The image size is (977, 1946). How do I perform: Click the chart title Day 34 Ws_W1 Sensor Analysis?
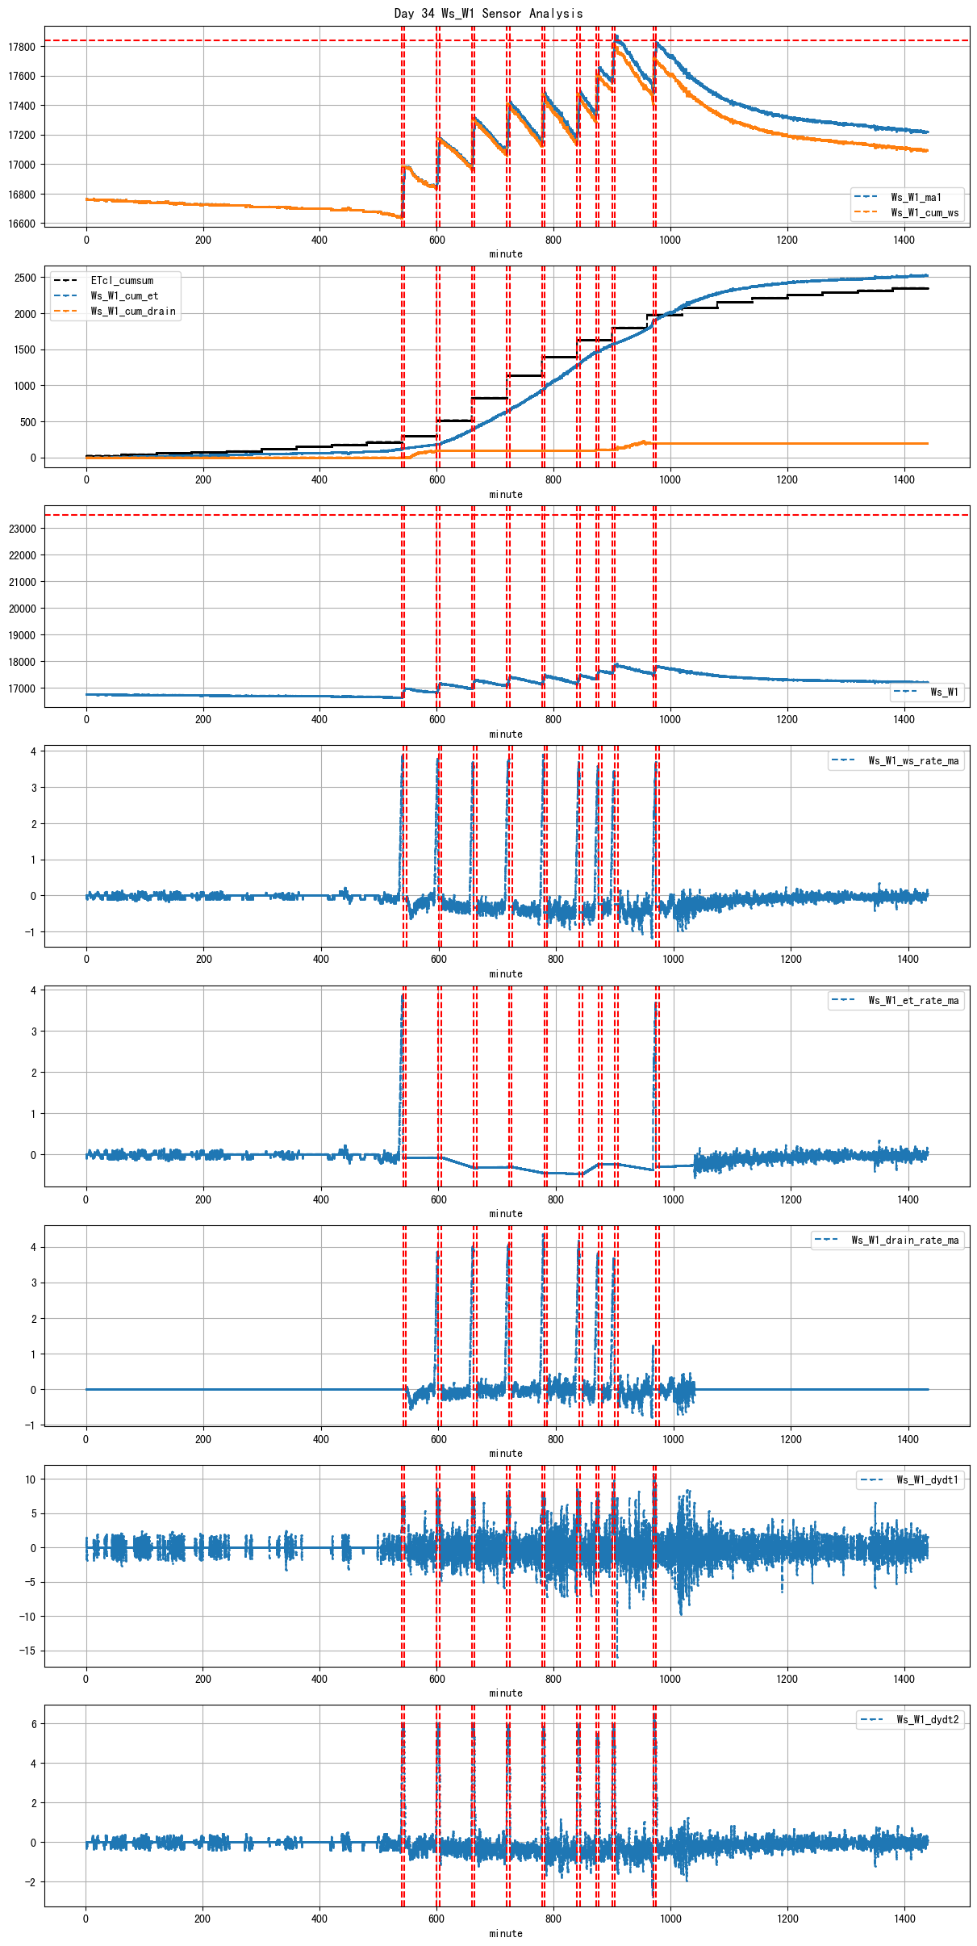pyautogui.click(x=488, y=13)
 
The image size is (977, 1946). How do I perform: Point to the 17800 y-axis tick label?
pyautogui.click(x=22, y=47)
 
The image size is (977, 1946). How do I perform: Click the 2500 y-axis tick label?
pyautogui.click(x=25, y=278)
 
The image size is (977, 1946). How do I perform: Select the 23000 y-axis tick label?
pyautogui.click(x=22, y=529)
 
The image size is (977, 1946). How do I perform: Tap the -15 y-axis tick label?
pyautogui.click(x=28, y=1651)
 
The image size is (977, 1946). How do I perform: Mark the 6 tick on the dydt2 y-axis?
pyautogui.click(x=33, y=1724)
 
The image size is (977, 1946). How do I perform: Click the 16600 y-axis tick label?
pyautogui.click(x=22, y=224)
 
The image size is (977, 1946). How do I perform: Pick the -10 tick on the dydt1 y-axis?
pyautogui.click(x=28, y=1616)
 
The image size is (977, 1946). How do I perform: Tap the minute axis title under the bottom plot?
pyautogui.click(x=506, y=1933)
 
